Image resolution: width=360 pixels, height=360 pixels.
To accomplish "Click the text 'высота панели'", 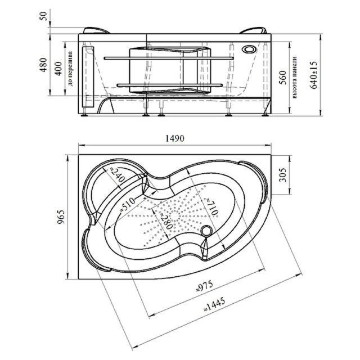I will coord(295,77).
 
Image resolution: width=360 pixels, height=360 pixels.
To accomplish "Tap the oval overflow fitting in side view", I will coord(248,48).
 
